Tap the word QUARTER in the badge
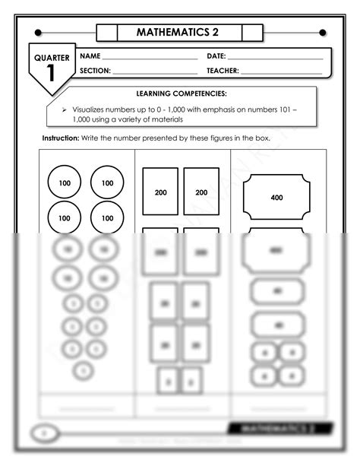(x=52, y=58)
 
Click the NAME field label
(x=90, y=56)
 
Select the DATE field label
(x=216, y=56)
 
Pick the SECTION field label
(x=95, y=71)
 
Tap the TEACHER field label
(x=223, y=71)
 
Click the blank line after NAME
(x=149, y=59)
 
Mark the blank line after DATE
(x=275, y=59)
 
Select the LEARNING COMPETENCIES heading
(x=181, y=94)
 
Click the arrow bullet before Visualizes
(x=65, y=109)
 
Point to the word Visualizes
(x=91, y=109)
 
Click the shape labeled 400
(x=276, y=197)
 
